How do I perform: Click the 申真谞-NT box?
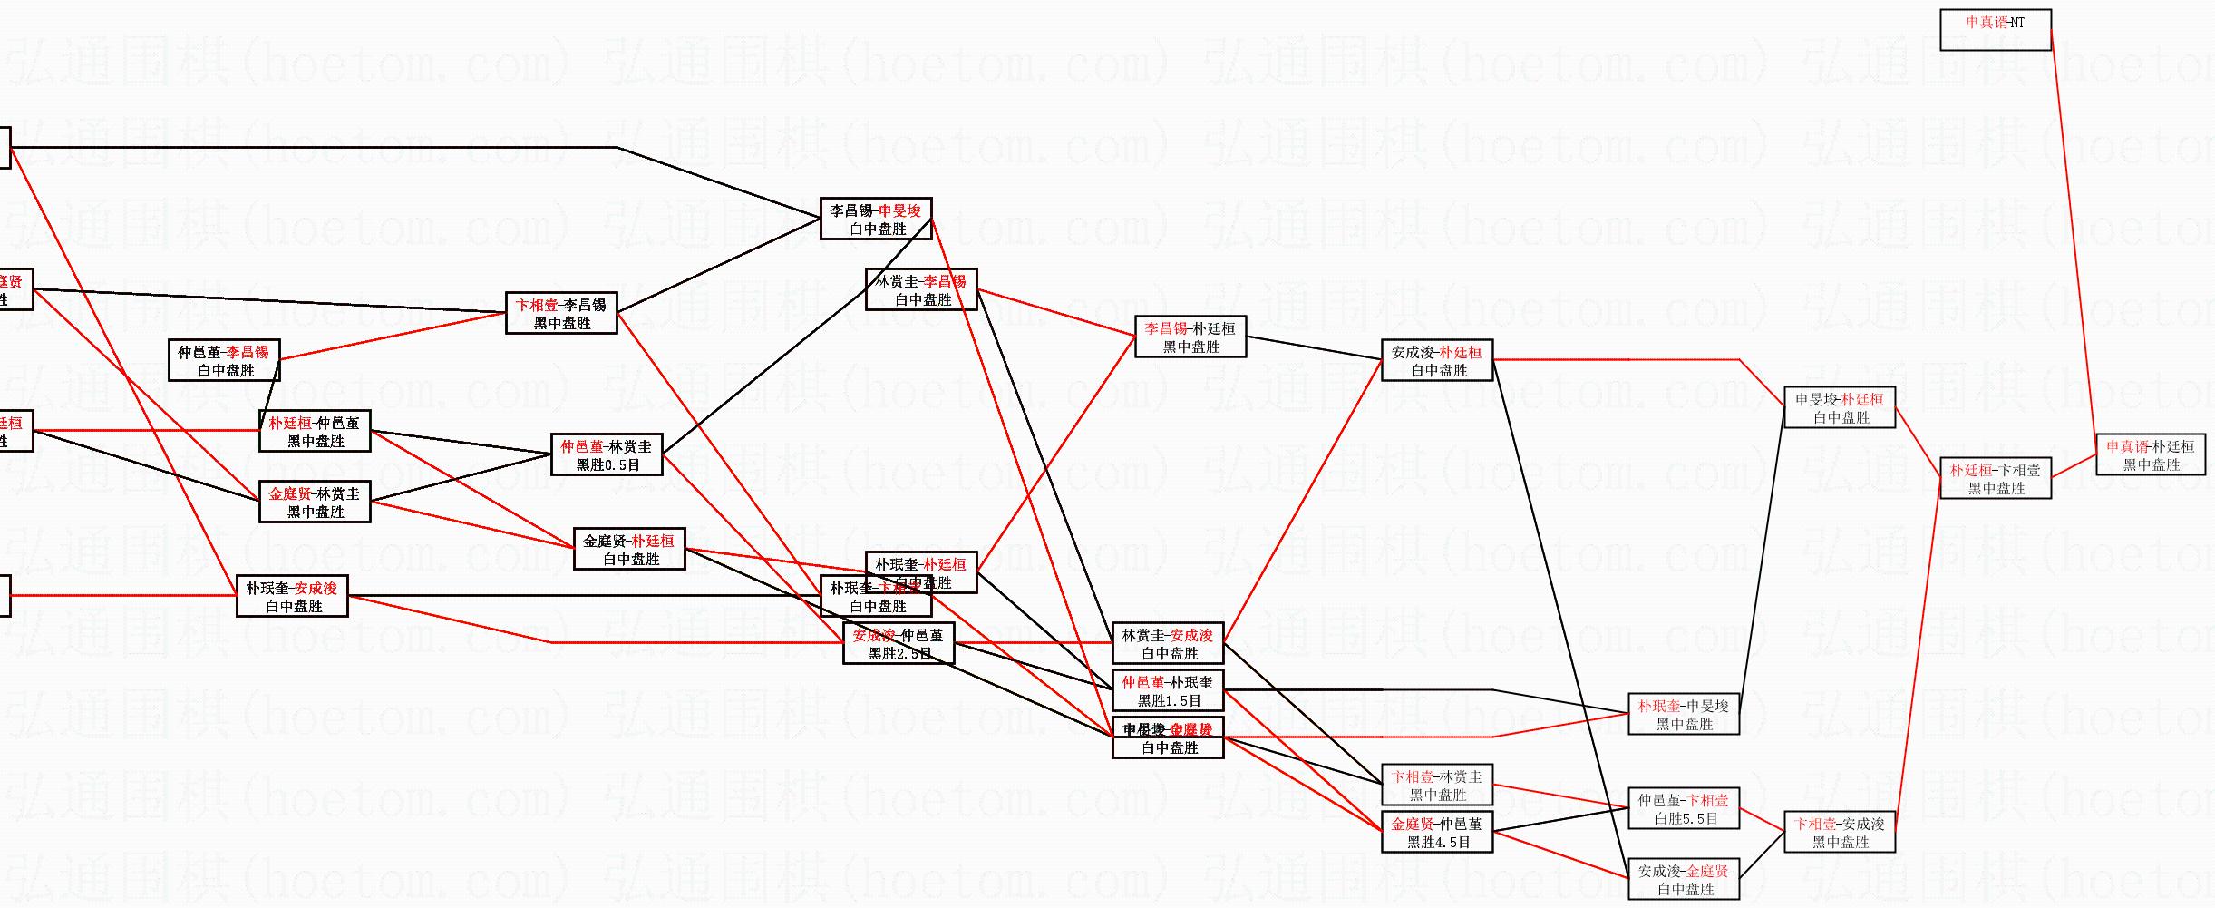pyautogui.click(x=1995, y=30)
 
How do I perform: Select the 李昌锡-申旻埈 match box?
pyautogui.click(x=876, y=219)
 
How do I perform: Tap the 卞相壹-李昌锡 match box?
pyautogui.click(x=561, y=313)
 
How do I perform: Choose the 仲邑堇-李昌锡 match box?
pyautogui.click(x=224, y=360)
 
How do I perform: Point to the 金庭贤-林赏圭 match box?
pyautogui.click(x=315, y=502)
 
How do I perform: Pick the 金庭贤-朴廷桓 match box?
pyautogui.click(x=629, y=549)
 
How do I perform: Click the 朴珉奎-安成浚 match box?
pyautogui.click(x=292, y=596)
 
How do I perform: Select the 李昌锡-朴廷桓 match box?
pyautogui.click(x=1190, y=337)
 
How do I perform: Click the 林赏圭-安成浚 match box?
pyautogui.click(x=1168, y=643)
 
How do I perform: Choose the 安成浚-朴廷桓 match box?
pyautogui.click(x=1437, y=360)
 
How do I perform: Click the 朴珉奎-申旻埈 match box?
pyautogui.click(x=1684, y=714)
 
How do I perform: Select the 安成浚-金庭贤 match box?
pyautogui.click(x=1684, y=879)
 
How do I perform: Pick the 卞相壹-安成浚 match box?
pyautogui.click(x=1840, y=832)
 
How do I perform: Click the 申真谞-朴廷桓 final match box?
pyautogui.click(x=2151, y=454)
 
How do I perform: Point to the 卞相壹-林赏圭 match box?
pyautogui.click(x=1437, y=785)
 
